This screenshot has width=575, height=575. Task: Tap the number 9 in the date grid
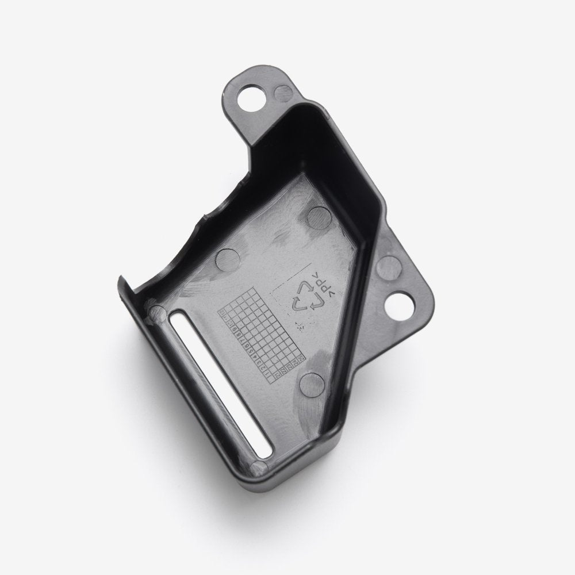click(x=234, y=328)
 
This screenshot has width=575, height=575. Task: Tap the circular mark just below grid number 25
click(x=312, y=383)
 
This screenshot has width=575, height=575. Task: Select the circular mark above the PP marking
click(x=318, y=217)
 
